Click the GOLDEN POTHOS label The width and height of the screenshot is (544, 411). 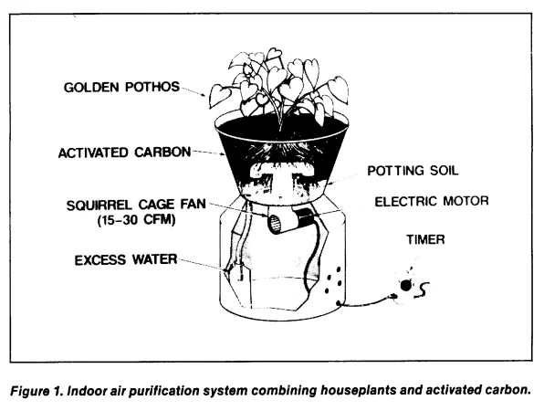(x=121, y=87)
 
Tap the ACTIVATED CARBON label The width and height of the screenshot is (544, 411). (x=124, y=153)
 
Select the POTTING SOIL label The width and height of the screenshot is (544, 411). (x=413, y=171)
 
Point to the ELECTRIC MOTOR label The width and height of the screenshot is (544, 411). (x=432, y=201)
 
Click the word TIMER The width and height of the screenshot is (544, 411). (x=425, y=239)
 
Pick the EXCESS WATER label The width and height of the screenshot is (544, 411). (x=126, y=260)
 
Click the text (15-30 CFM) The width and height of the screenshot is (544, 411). (x=136, y=220)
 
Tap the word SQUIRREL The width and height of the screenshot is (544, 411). (x=99, y=205)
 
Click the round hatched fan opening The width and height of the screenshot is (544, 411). (x=275, y=224)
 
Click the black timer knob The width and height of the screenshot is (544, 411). (x=405, y=286)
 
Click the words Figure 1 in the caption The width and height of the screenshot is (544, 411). (x=37, y=391)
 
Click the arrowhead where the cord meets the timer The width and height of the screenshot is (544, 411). (x=394, y=296)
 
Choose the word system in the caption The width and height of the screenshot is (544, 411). (x=225, y=391)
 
